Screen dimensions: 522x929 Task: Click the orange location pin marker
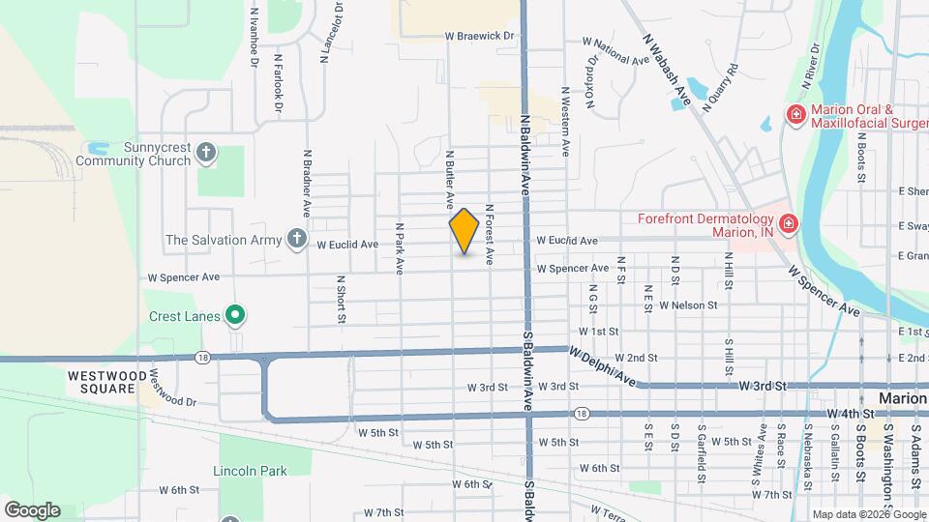(464, 231)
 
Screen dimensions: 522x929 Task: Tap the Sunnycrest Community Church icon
(205, 152)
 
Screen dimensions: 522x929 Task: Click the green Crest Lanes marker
(234, 315)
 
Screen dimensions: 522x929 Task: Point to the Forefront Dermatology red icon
(789, 224)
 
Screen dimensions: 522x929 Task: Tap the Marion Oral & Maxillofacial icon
(795, 116)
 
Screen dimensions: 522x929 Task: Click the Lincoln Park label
(250, 471)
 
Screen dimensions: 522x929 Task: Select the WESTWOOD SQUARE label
(107, 381)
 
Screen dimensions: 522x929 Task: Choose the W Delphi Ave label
(601, 368)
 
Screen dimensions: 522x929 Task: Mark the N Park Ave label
(399, 248)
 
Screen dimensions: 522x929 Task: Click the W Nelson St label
(687, 304)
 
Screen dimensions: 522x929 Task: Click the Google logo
(32, 509)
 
